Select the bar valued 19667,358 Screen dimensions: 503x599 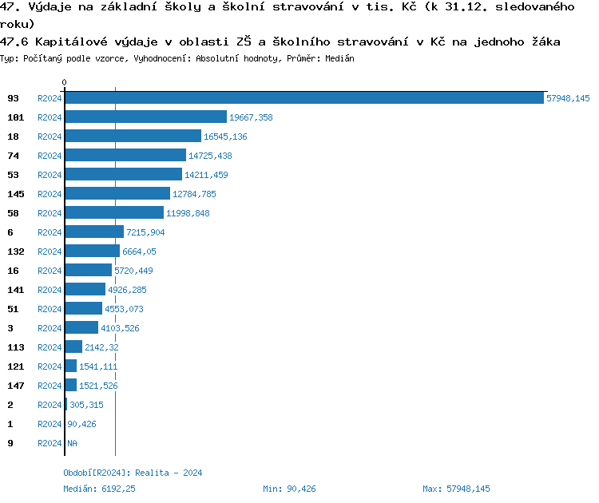145,117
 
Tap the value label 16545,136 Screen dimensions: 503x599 225,137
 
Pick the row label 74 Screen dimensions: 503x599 13,156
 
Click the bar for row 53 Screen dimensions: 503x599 123,175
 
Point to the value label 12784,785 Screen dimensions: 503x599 194,194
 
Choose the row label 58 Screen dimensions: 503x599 13,213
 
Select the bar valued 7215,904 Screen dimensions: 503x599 94,232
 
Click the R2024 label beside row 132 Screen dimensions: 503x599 50,252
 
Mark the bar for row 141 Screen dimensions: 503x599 85,290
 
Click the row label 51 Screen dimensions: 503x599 13,309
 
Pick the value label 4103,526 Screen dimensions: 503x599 121,328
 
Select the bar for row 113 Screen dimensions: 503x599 73,347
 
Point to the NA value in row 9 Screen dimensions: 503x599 72,443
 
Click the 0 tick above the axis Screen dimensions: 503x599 65,82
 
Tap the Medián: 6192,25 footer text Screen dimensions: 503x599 100,489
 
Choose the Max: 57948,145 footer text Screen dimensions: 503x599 456,489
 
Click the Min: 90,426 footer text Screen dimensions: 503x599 289,489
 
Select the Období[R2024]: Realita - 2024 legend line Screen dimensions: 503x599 133,473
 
